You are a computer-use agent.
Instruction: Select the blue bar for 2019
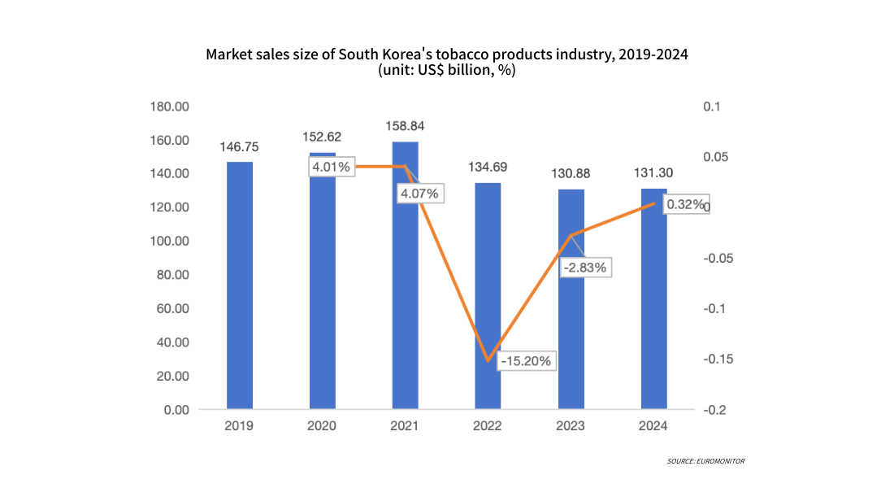pyautogui.click(x=239, y=285)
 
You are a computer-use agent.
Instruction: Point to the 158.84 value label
pyautogui.click(x=405, y=126)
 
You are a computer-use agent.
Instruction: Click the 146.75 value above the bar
pyautogui.click(x=239, y=147)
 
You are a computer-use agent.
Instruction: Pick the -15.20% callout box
pyautogui.click(x=526, y=360)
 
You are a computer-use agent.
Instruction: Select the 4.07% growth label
pyautogui.click(x=419, y=194)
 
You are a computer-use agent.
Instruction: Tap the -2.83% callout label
pyautogui.click(x=585, y=267)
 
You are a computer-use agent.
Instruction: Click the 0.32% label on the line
pyautogui.click(x=684, y=205)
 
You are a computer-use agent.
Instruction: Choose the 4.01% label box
pyautogui.click(x=331, y=167)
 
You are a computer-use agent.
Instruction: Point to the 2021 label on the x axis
pyautogui.click(x=405, y=426)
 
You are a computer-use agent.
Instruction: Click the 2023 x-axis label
pyautogui.click(x=571, y=426)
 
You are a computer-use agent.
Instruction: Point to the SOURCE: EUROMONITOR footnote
pyautogui.click(x=705, y=461)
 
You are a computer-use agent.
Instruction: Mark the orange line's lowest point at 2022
pyautogui.click(x=488, y=361)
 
